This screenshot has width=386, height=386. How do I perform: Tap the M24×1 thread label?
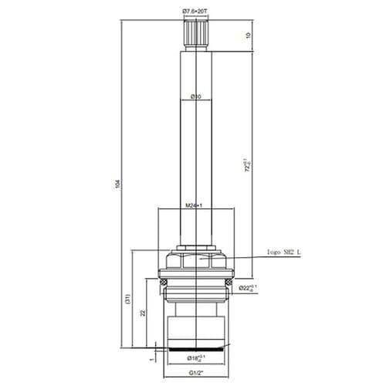coord(194,205)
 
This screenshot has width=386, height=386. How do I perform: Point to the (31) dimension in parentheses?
coord(127,303)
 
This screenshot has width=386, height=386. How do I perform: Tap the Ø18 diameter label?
coord(195,357)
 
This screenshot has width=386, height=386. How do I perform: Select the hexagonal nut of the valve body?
coord(194,258)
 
